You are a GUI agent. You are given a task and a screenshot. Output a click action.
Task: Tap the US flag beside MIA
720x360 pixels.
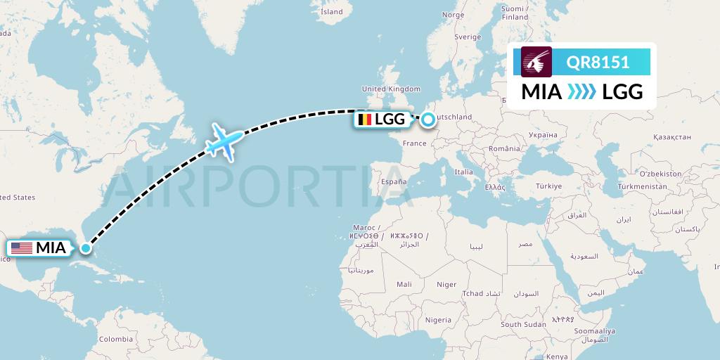pyautogui.click(x=22, y=247)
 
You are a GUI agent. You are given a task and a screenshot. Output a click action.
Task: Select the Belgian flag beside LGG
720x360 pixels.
pyautogui.click(x=364, y=120)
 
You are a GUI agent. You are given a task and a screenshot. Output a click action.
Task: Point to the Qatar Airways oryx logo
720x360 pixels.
pyautogui.click(x=536, y=61)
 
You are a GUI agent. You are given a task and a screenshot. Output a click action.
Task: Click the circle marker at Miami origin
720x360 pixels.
pyautogui.click(x=86, y=247)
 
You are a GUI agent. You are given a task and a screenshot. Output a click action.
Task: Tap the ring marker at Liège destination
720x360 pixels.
pyautogui.click(x=427, y=120)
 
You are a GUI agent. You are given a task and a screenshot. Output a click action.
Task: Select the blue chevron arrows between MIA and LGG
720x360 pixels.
pyautogui.click(x=581, y=92)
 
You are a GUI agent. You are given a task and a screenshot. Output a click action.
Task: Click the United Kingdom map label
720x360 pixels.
pyautogui.click(x=390, y=89)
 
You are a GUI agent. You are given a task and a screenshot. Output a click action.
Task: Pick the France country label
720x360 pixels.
pyautogui.click(x=414, y=143)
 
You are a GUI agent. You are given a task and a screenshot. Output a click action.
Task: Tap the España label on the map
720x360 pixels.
pyautogui.click(x=394, y=181)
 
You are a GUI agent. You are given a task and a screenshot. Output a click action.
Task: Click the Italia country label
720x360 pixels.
pyautogui.click(x=463, y=172)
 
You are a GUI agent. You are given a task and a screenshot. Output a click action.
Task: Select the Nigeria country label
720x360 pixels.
pyautogui.click(x=438, y=320)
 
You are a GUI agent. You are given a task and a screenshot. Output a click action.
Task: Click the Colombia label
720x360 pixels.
pyautogui.click(x=115, y=338)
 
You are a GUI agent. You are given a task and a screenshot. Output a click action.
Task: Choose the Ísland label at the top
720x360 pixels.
pyautogui.click(x=331, y=12)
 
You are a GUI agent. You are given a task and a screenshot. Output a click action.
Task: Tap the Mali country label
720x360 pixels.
pyautogui.click(x=404, y=285)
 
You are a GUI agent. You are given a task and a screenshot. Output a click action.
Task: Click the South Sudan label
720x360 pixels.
pyautogui.click(x=524, y=325)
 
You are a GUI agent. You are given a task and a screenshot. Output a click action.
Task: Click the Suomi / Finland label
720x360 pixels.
pyautogui.click(x=515, y=13)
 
